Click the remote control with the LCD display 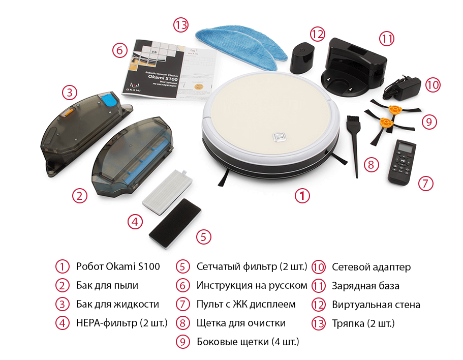(402, 162)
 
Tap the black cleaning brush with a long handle (354, 139)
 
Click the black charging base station (354, 66)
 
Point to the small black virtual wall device (302, 58)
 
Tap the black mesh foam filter (175, 223)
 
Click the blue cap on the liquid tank (110, 100)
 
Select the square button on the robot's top (279, 137)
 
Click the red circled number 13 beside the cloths (181, 25)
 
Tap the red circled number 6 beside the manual (119, 50)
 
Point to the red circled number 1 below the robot (302, 195)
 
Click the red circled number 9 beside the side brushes (429, 122)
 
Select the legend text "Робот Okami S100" (118, 266)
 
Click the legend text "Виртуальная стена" (376, 305)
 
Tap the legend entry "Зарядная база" (365, 286)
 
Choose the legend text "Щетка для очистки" (241, 323)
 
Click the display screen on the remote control (404, 146)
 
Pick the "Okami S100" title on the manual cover (163, 78)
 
